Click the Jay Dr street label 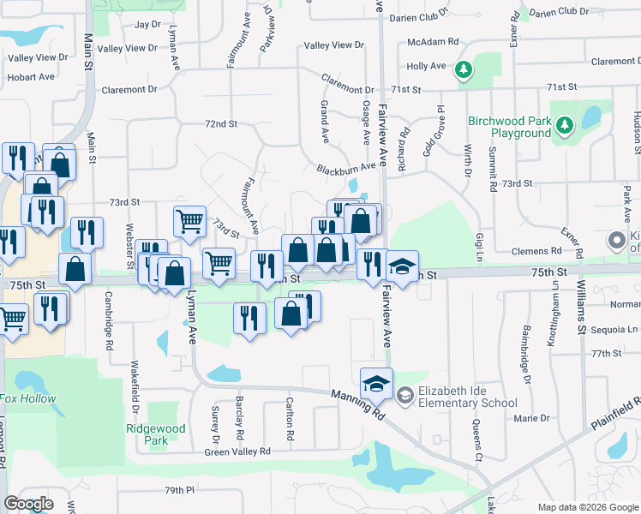[147, 24]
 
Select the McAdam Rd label [434, 41]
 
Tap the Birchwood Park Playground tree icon [565, 127]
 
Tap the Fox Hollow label [27, 398]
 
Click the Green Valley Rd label [237, 451]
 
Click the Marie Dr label [531, 418]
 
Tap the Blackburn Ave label [345, 169]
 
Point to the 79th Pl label [180, 490]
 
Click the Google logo [28, 504]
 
